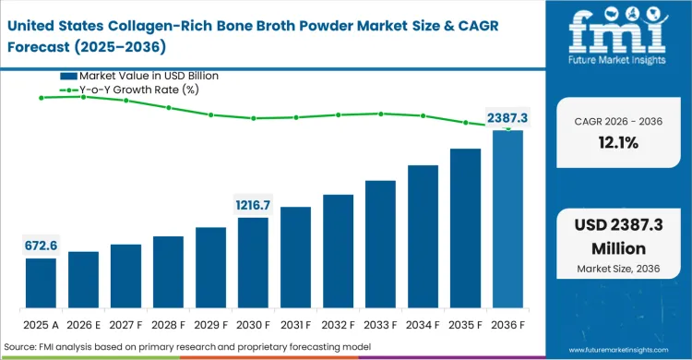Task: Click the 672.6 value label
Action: pyautogui.click(x=41, y=246)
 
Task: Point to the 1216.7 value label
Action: pyautogui.click(x=253, y=205)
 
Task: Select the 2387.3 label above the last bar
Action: pyautogui.click(x=507, y=118)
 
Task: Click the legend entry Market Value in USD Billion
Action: pyautogui.click(x=148, y=76)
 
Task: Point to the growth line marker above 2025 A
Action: pyautogui.click(x=41, y=97)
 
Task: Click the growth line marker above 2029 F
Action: pyautogui.click(x=210, y=114)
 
